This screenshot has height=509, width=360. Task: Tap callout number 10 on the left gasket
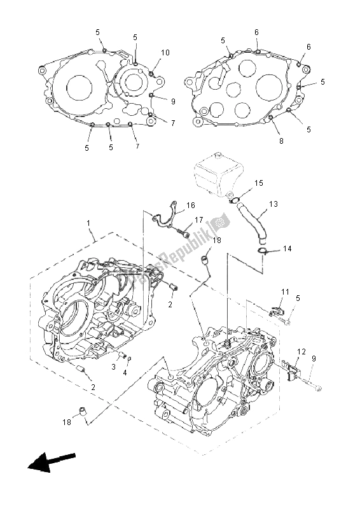(x=165, y=52)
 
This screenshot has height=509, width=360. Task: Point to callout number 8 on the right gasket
(x=281, y=141)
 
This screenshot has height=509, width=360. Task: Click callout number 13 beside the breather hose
(x=273, y=204)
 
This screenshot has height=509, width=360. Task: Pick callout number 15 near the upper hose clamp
(x=259, y=183)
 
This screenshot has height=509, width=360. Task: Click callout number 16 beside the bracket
(x=190, y=206)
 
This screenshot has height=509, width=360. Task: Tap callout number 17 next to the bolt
(x=199, y=220)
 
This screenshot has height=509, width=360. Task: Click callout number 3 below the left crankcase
(x=113, y=366)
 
